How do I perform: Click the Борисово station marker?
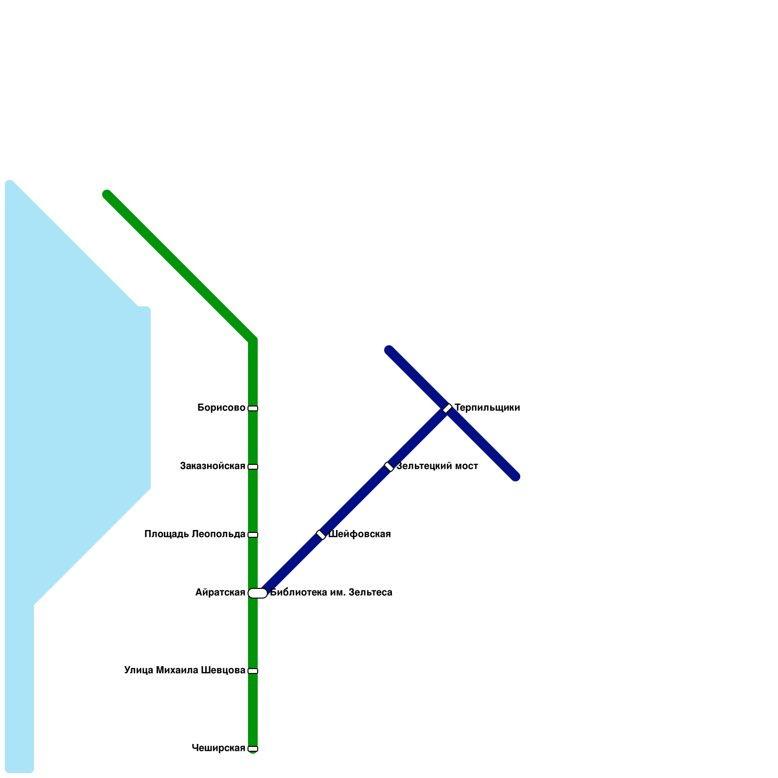tap(253, 408)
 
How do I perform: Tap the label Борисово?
tap(221, 408)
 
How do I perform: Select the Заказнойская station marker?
tap(253, 467)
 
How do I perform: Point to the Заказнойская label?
tap(212, 466)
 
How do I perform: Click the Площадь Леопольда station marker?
tap(253, 535)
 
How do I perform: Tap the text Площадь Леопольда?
tap(194, 534)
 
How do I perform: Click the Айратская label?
tap(220, 593)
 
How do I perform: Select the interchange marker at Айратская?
tap(258, 593)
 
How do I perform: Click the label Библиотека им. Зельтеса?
tap(331, 593)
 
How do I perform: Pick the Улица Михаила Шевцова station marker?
tap(253, 671)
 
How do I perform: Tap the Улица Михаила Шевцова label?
tap(184, 671)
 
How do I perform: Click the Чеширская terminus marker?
tap(253, 749)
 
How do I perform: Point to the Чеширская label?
tap(218, 748)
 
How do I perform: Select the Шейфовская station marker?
tap(321, 535)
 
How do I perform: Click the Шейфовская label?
tap(359, 534)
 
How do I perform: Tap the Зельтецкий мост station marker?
tap(389, 467)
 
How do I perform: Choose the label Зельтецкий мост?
tap(437, 466)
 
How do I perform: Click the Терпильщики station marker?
tap(447, 408)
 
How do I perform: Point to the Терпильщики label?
tap(487, 408)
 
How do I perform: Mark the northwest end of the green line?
tap(107, 194)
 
